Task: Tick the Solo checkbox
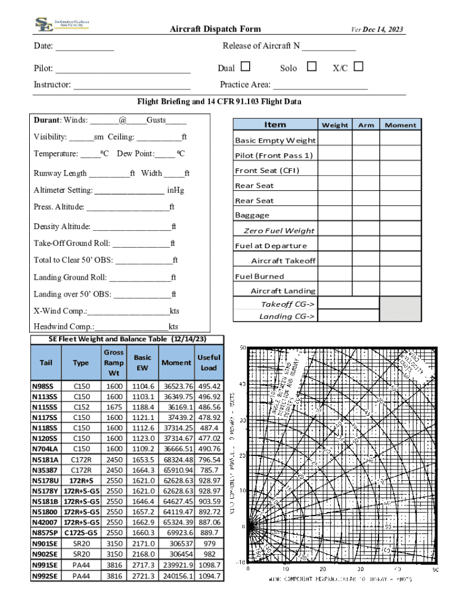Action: tap(311, 67)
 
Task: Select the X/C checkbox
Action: tap(358, 67)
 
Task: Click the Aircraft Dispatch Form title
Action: tap(215, 29)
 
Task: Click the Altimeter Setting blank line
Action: tap(129, 191)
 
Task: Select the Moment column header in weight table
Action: tap(401, 125)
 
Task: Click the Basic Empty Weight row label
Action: tap(275, 141)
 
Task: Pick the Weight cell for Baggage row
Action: tap(334, 214)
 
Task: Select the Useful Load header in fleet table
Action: tap(209, 362)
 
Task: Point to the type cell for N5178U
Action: tap(82, 480)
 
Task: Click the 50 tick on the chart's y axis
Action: tap(243, 347)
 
